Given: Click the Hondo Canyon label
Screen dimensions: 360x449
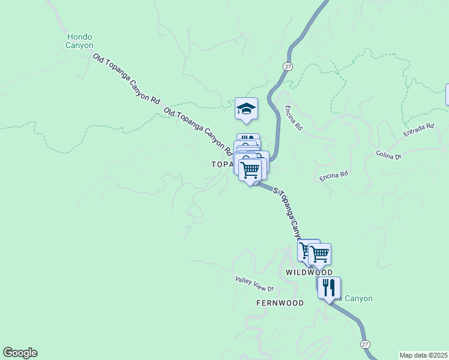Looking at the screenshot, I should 80,41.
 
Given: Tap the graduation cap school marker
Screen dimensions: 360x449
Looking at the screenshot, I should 246,109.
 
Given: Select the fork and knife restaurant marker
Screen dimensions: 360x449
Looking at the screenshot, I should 329,288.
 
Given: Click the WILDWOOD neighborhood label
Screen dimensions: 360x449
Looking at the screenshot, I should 309,272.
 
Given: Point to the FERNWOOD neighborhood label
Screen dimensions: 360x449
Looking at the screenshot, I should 280,303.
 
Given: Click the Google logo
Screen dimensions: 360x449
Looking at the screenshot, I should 20,353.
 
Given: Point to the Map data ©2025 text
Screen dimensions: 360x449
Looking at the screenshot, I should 423,355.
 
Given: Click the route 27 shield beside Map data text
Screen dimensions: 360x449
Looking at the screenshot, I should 366,344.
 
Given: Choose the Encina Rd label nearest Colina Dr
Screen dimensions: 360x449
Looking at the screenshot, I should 334,176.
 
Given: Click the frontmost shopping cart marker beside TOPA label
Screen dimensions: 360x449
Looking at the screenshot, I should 250,169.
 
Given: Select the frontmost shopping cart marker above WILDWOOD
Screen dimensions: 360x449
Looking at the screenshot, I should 319,254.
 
